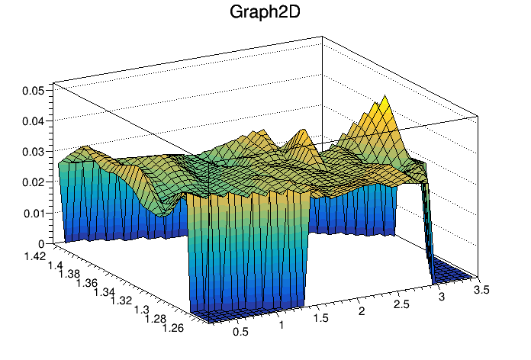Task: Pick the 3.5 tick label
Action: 481,290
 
